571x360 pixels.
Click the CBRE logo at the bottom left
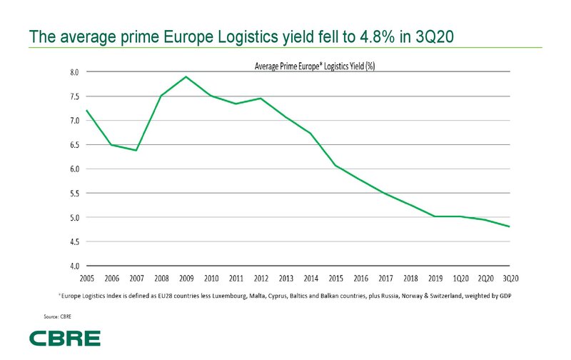65,338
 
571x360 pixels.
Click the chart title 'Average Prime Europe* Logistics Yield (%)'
315,66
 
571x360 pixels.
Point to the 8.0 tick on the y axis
74,72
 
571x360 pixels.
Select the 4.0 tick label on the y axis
74,266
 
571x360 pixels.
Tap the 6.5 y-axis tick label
74,145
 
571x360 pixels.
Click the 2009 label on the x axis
186,279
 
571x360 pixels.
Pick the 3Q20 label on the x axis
510,279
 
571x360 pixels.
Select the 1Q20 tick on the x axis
460,279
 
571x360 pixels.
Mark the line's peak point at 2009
186,76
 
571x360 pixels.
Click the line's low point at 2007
136,150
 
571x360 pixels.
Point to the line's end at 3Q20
510,226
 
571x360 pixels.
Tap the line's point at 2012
261,99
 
